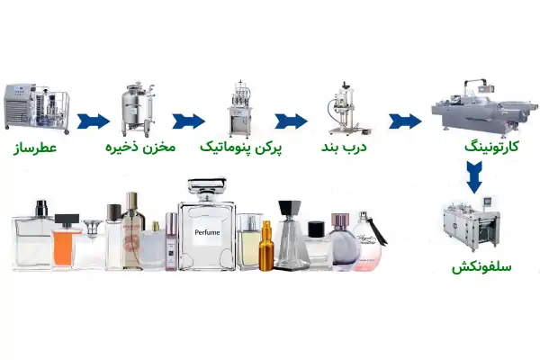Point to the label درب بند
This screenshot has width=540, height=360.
[344, 146]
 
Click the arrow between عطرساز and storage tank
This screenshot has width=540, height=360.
[93, 121]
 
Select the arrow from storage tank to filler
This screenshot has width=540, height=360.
[188, 121]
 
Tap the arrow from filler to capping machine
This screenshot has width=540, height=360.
[291, 121]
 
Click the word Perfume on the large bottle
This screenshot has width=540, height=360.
[206, 232]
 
